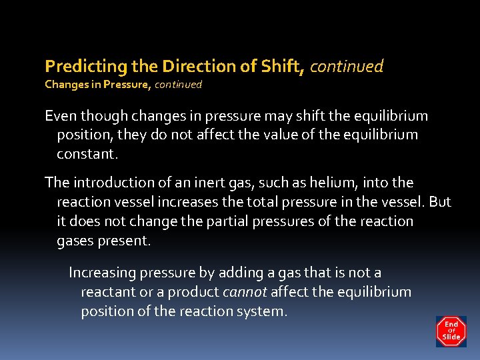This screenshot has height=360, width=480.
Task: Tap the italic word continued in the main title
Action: (x=347, y=67)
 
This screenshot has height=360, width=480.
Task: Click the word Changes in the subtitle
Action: (x=67, y=85)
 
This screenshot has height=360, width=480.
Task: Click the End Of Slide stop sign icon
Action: (x=451, y=331)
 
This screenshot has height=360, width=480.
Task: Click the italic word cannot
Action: (x=244, y=292)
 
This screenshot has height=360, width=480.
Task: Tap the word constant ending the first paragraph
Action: (x=85, y=154)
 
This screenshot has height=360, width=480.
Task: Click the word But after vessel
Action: (x=440, y=202)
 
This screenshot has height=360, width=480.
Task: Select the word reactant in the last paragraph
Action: (x=107, y=292)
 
